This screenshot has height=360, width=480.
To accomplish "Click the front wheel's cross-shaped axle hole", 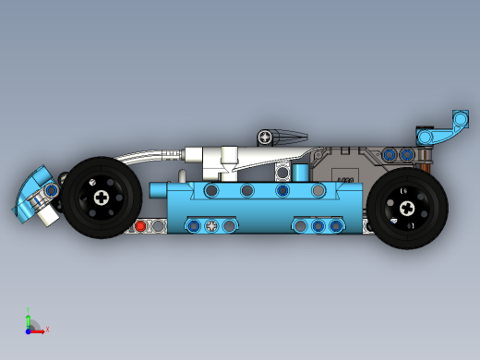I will pos(101,196).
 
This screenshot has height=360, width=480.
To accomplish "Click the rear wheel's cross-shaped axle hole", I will pos(407,208).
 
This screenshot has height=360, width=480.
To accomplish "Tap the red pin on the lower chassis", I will pos(140,224).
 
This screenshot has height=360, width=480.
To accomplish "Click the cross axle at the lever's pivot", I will pos(267,137).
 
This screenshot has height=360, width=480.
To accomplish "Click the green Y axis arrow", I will pos(29,316).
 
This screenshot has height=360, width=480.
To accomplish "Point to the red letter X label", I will pos(47,329).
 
